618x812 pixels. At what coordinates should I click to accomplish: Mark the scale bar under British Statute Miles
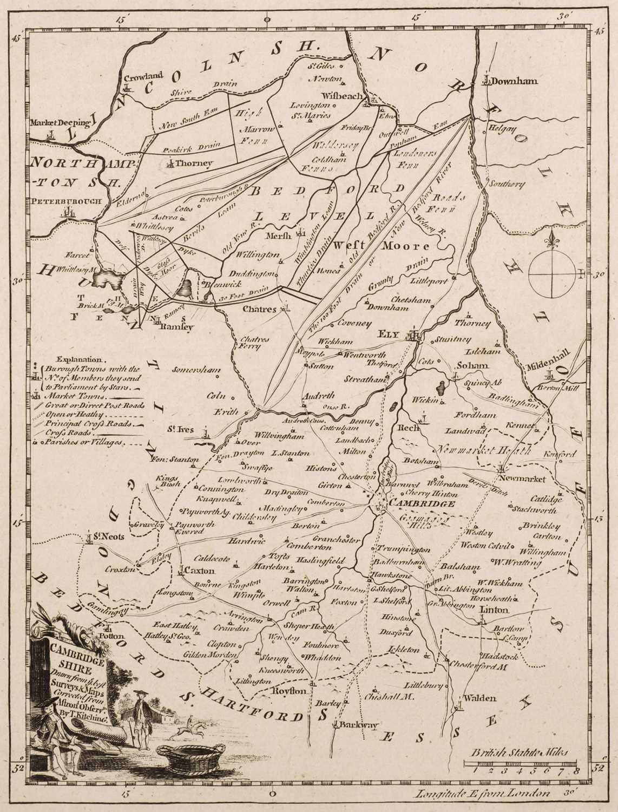(x=522, y=764)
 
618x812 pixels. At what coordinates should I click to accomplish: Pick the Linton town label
(x=495, y=610)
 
